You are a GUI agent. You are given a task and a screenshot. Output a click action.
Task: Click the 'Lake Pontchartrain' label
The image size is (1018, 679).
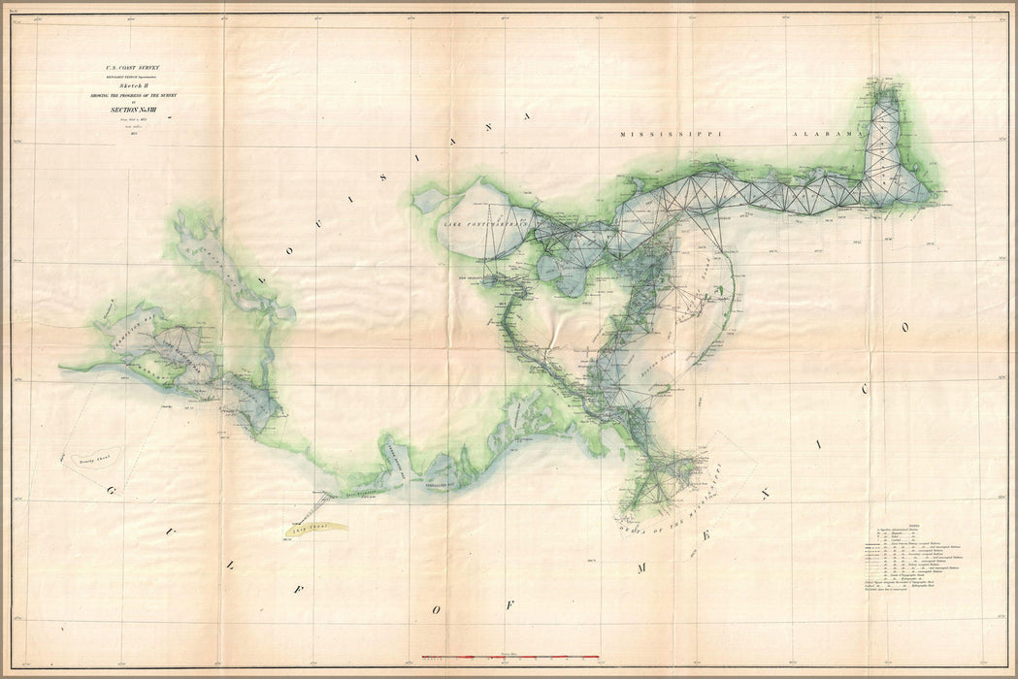point(484,225)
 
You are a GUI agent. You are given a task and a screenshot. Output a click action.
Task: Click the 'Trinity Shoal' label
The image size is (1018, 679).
point(92,464)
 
